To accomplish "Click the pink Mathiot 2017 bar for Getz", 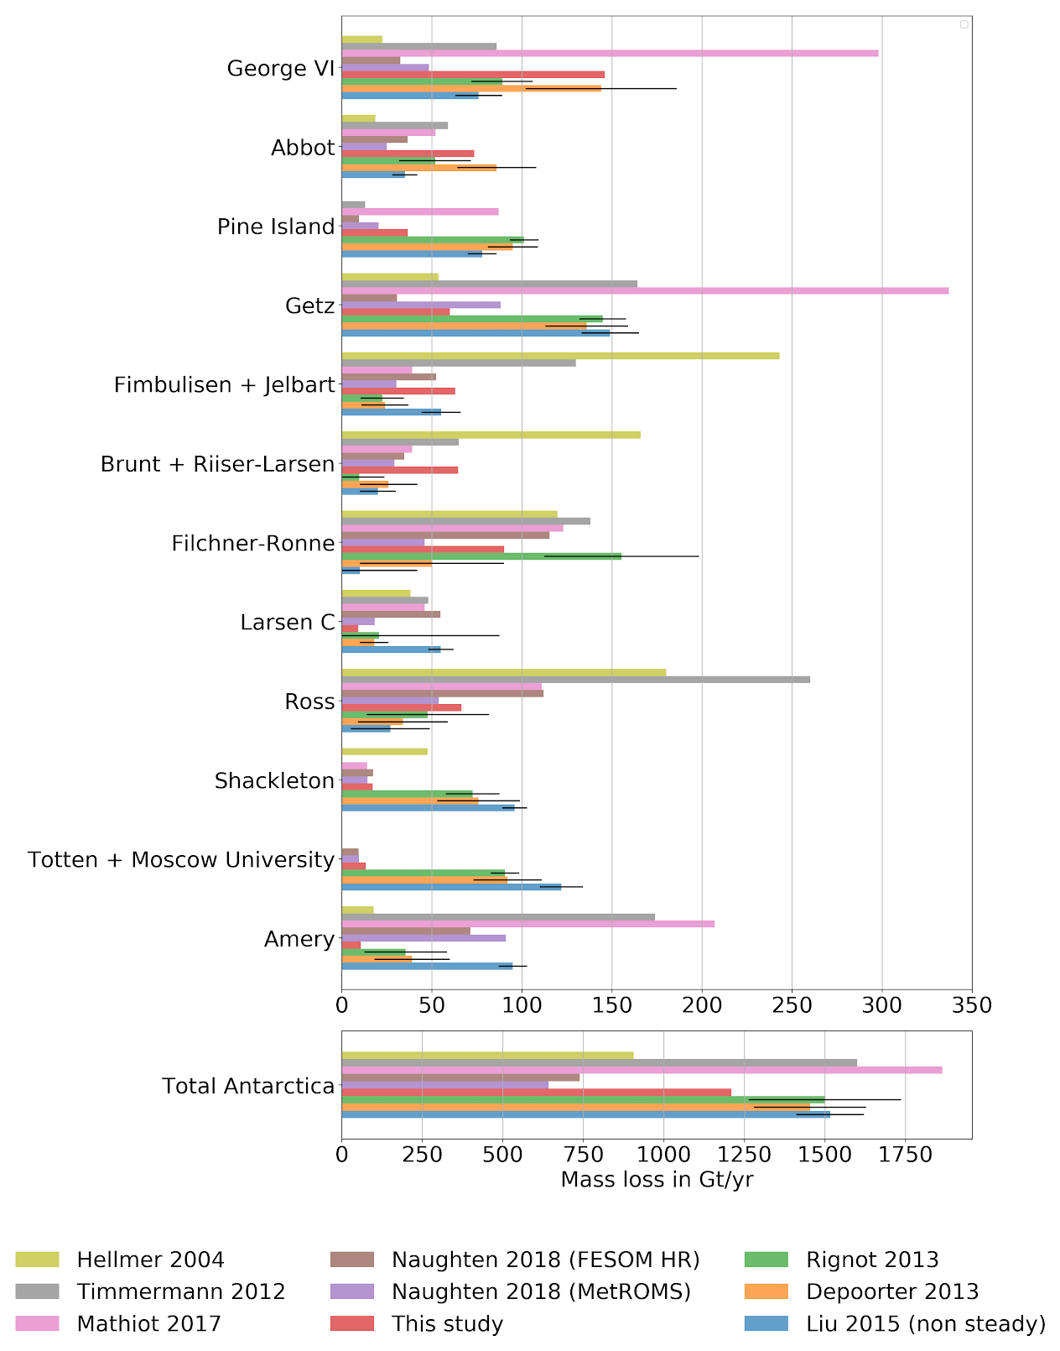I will coord(645,291).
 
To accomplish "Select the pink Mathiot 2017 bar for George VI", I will coord(610,54).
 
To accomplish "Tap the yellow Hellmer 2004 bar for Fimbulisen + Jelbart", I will coord(560,356).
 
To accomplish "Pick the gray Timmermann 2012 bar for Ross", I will coord(575,679).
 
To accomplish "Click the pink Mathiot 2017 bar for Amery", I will coord(527,924).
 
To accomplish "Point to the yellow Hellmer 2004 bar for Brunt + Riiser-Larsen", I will coord(491,435).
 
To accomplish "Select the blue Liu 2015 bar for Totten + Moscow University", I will coord(451,887).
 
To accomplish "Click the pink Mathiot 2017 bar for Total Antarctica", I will coord(642,1070).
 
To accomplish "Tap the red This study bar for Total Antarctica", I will coord(536,1092).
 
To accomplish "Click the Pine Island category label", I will coord(276,227).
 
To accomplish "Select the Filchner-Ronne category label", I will coord(253,544).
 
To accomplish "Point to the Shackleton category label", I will coord(274,781).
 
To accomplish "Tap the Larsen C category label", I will coord(287,623).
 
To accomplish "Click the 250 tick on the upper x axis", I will coord(792,1004).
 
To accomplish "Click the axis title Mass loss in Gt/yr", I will coord(657,1179).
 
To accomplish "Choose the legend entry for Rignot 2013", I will coord(872,1260).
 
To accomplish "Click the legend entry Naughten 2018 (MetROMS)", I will coord(541,1291).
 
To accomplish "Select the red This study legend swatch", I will coord(353,1324).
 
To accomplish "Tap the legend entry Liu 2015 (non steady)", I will coord(926,1324).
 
